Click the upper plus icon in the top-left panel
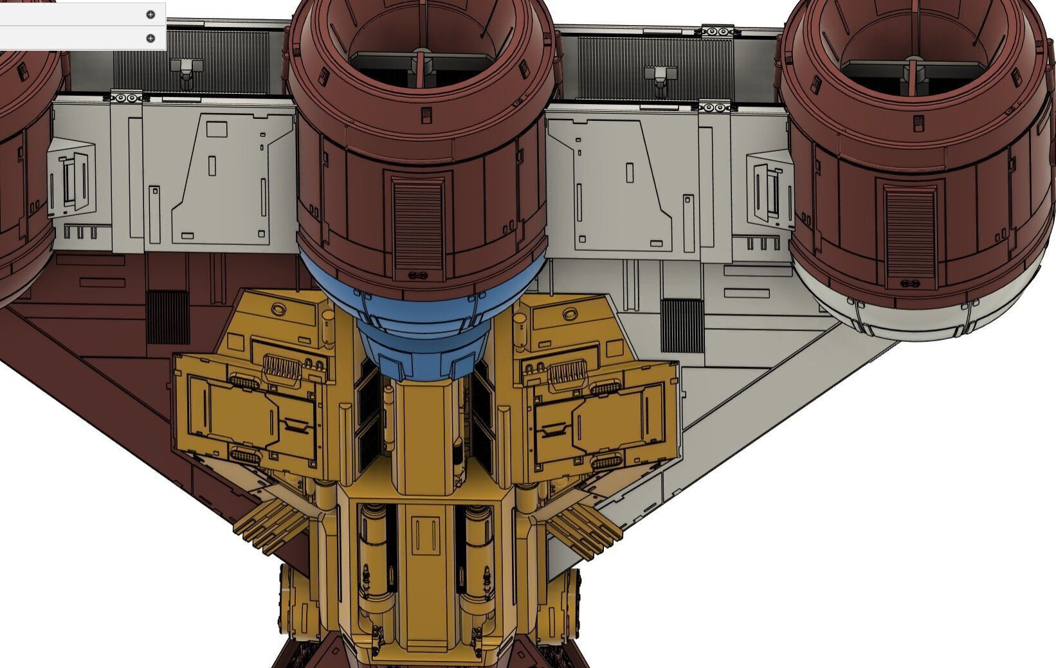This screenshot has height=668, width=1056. pos(150,14)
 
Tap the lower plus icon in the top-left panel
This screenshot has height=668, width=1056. pos(150,38)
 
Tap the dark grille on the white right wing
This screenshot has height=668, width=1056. pos(682,325)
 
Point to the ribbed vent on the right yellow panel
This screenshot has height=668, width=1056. pos(565,372)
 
